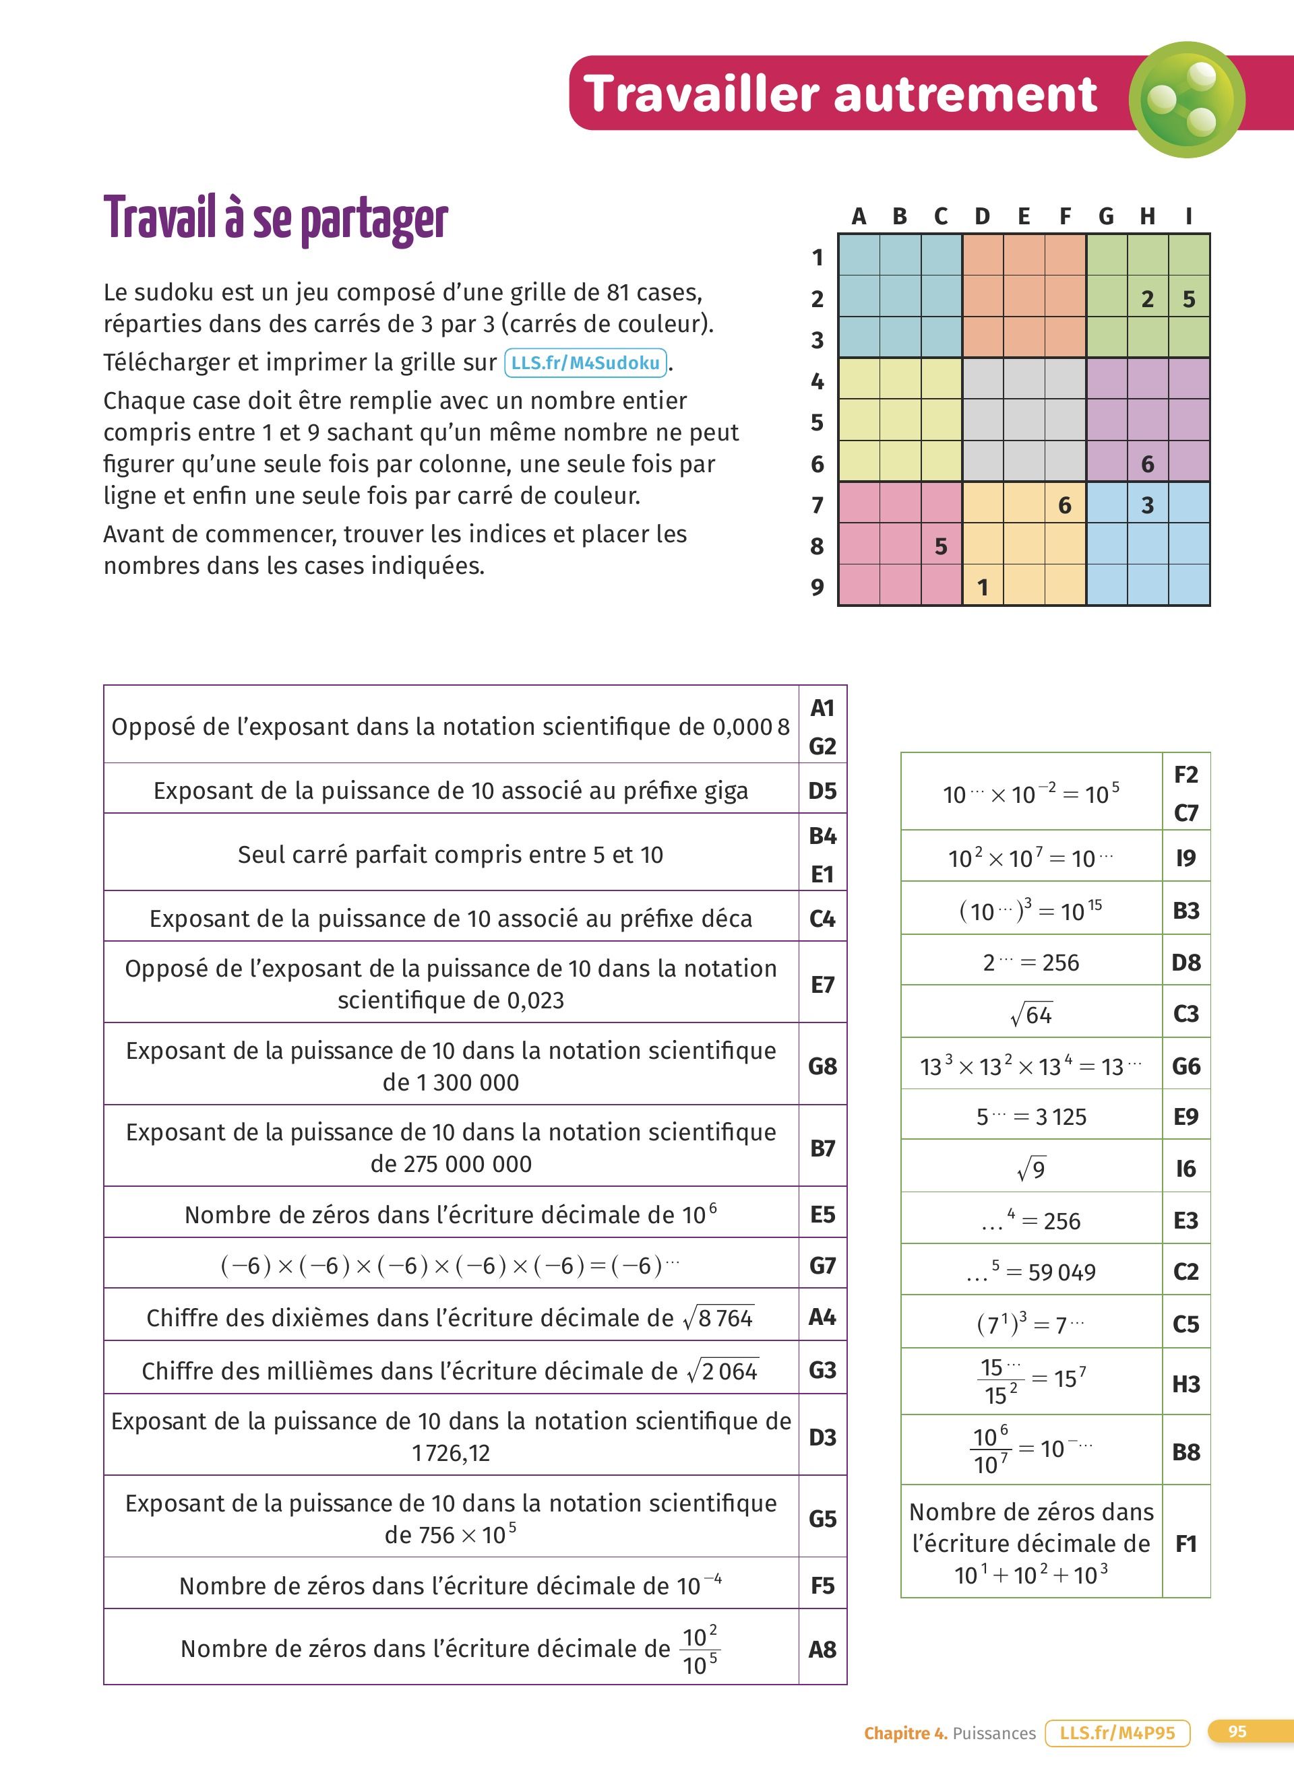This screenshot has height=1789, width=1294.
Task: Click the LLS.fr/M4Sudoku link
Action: click(x=586, y=363)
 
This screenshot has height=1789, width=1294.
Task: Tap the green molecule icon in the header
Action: click(x=1187, y=100)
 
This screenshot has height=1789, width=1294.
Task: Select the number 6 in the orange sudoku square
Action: click(x=1064, y=505)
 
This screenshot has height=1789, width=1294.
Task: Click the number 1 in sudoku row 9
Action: click(x=983, y=587)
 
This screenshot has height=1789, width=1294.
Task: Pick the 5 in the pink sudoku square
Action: click(x=941, y=546)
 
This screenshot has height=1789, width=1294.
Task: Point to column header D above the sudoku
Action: click(x=983, y=216)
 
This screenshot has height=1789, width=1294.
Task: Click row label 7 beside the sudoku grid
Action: click(x=818, y=505)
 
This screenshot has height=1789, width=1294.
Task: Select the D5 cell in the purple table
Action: click(x=822, y=790)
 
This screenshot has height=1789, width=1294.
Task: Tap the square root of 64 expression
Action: click(x=1031, y=1014)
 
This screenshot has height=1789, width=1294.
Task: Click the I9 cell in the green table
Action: click(x=1186, y=857)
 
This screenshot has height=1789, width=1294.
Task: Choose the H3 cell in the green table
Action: click(x=1186, y=1384)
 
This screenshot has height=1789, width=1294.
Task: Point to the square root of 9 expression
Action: click(x=1031, y=1168)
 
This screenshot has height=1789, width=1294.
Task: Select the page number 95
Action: click(x=1237, y=1732)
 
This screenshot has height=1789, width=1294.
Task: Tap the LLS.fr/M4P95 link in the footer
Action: click(x=1117, y=1733)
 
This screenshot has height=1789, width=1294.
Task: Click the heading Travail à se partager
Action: click(x=276, y=218)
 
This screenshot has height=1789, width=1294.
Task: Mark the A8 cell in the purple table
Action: click(x=822, y=1650)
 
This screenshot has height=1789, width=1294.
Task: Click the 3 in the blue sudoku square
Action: click(x=1147, y=505)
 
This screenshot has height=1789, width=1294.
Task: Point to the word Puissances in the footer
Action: click(x=993, y=1733)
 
